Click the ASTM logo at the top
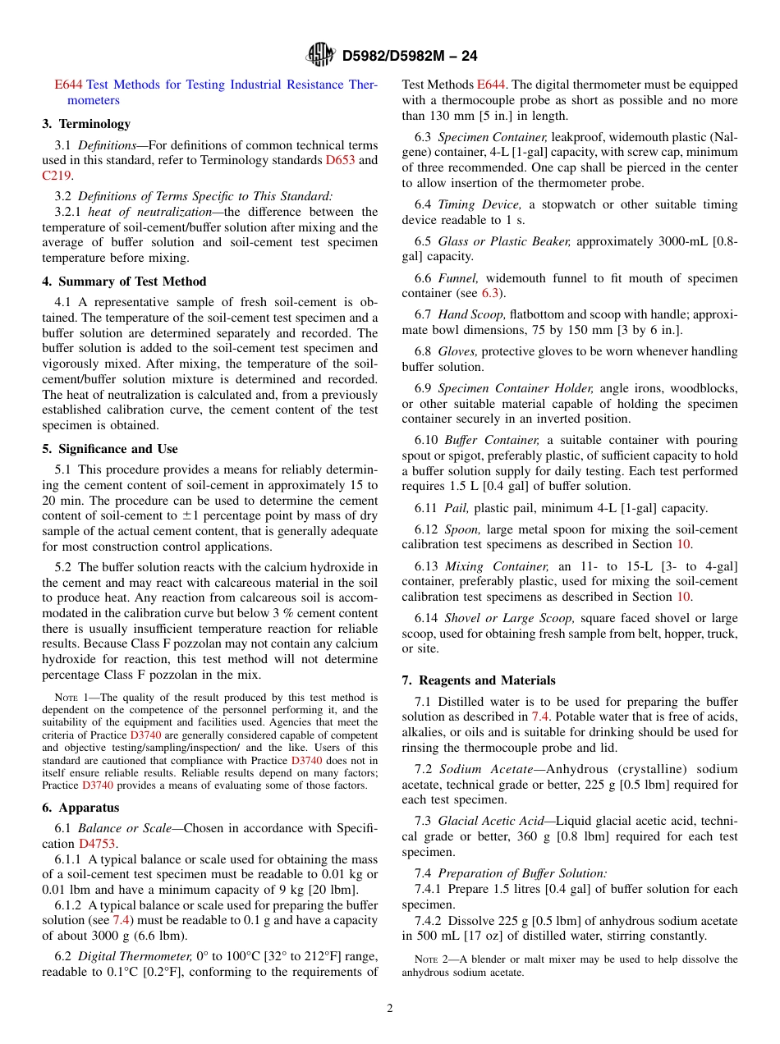320,55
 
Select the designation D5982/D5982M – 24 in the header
409,56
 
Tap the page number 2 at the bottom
390,1008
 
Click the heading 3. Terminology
86,124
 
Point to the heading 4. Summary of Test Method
124,282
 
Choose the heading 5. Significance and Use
110,449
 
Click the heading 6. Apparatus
80,808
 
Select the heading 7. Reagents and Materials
479,680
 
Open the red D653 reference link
340,160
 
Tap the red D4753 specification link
98,844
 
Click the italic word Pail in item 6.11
457,508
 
